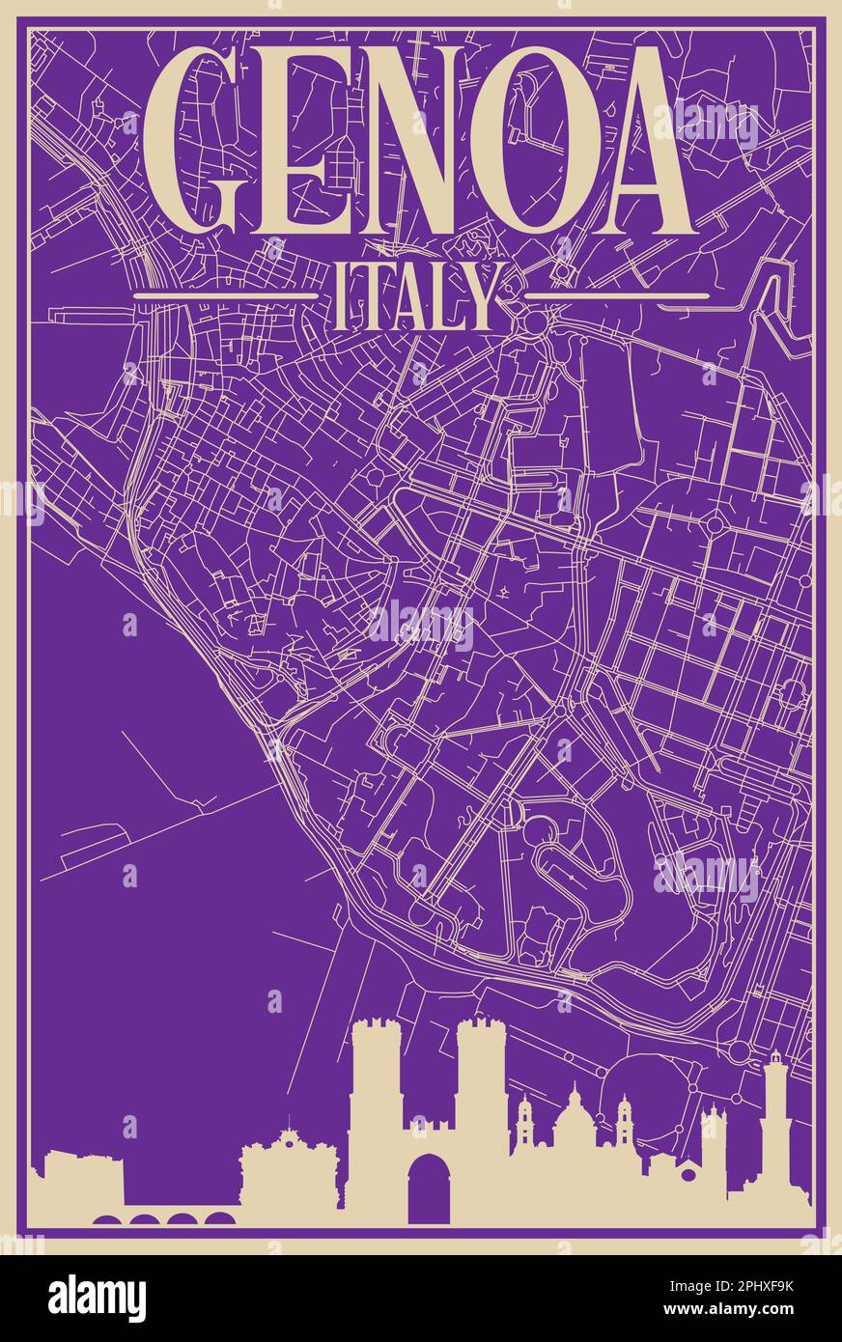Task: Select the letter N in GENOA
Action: (439, 140)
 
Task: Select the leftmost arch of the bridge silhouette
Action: (107, 1219)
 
